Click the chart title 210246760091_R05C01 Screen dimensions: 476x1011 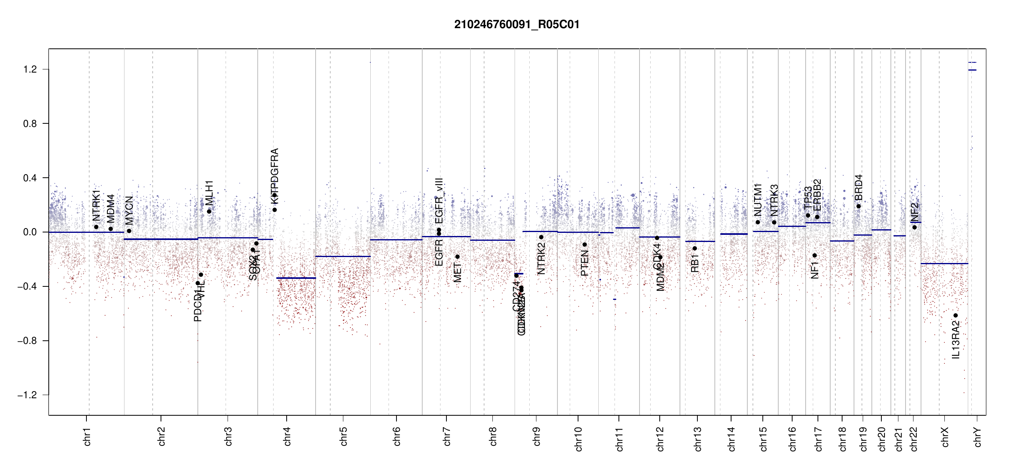pos(517,25)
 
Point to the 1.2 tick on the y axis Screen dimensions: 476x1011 pos(30,69)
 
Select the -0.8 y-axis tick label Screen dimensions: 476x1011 pos(27,341)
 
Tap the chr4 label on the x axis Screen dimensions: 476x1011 pos(287,436)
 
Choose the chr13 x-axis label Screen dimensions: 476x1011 pos(698,439)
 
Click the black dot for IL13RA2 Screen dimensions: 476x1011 pos(955,315)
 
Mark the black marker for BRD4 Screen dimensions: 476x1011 pos(858,206)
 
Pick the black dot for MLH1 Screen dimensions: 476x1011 pos(209,211)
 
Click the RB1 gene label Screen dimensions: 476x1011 pos(695,263)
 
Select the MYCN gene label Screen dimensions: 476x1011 pos(129,210)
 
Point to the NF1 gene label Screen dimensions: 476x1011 pos(815,270)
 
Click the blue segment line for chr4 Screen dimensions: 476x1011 pos(296,278)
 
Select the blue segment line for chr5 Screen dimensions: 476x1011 pos(343,256)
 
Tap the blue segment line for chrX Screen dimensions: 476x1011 pos(944,263)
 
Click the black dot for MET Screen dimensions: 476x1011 pos(457,257)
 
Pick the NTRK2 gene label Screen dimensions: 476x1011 pos(541,258)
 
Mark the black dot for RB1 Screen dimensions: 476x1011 pos(695,248)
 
